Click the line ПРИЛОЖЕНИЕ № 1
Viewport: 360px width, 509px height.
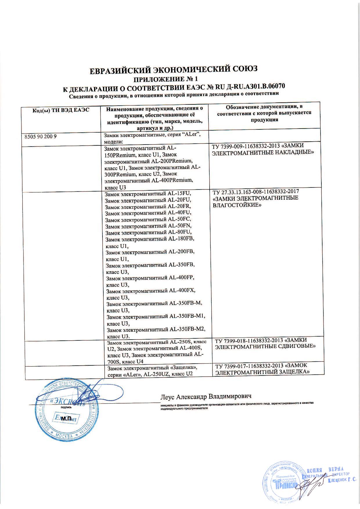(x=165, y=79)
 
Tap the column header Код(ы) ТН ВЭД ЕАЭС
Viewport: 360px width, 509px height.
(x=60, y=110)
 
